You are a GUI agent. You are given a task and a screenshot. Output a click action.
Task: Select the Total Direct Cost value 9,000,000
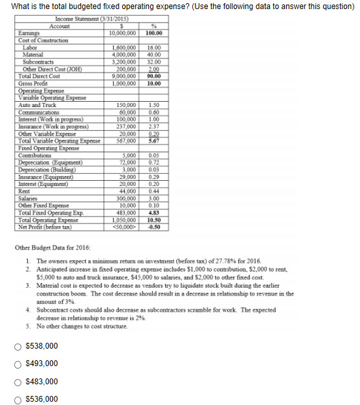(x=124, y=76)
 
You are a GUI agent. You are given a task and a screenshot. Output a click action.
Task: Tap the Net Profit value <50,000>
(x=125, y=226)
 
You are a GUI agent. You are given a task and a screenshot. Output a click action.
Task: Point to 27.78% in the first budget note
(x=231, y=260)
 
